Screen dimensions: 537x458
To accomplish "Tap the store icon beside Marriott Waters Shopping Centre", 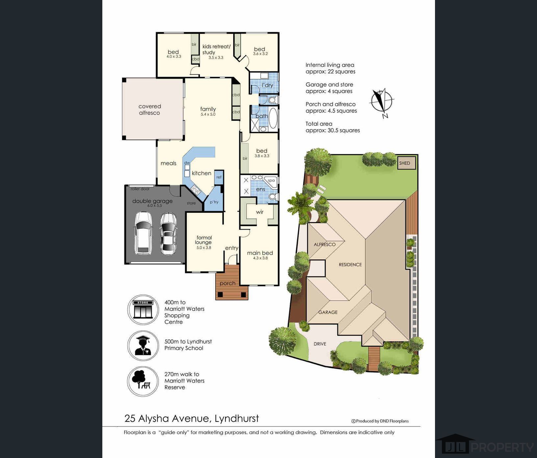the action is pos(143,310).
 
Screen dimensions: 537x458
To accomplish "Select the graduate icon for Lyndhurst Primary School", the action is pos(143,345).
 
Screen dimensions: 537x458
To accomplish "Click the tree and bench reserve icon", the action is pos(143,382).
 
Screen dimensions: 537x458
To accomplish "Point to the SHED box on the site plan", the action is pos(406,163).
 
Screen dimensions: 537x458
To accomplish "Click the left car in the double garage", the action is pos(143,233).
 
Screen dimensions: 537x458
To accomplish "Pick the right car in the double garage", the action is pos(168,234).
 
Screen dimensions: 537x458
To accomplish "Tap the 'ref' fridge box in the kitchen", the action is pos(219,177).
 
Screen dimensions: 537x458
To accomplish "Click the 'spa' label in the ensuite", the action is pos(271,180).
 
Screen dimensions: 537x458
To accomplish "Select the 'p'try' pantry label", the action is pos(214,202).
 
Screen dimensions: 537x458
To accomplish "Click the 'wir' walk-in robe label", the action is pos(260,212).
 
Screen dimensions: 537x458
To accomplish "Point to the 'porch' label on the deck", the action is pos(227,283).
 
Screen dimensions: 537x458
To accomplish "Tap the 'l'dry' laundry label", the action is pos(267,85).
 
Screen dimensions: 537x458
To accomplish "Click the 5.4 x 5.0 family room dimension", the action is pos(208,114).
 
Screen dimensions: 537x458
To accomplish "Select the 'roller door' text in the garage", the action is pos(140,189).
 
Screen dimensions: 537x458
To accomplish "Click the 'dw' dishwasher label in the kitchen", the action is pos(187,163).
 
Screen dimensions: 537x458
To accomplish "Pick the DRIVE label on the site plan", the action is pos(320,344).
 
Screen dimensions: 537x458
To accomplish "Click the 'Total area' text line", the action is pos(319,124).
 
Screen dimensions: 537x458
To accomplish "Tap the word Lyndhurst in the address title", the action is pos(237,419).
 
